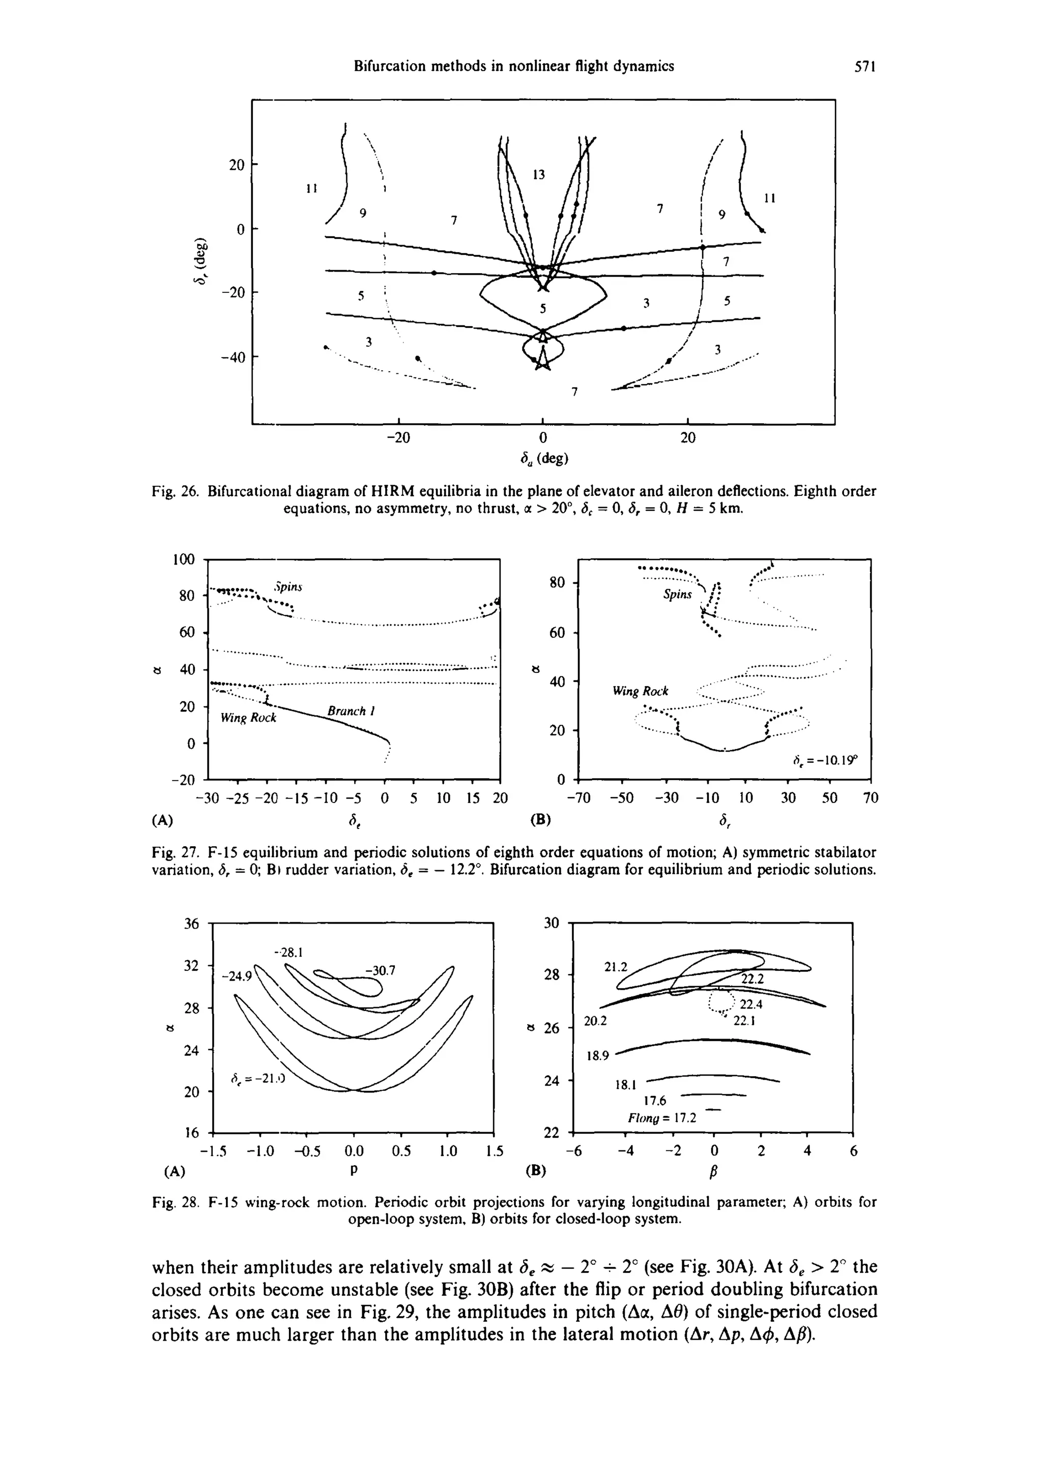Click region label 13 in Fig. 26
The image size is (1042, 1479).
point(539,174)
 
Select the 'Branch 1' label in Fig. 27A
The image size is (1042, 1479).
point(351,711)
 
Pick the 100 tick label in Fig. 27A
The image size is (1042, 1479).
point(184,559)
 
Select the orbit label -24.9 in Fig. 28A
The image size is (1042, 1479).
point(237,977)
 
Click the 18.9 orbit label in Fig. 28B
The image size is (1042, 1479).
point(597,1056)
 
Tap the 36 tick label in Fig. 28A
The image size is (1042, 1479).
point(191,924)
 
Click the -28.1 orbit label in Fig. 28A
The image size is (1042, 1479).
point(288,952)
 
